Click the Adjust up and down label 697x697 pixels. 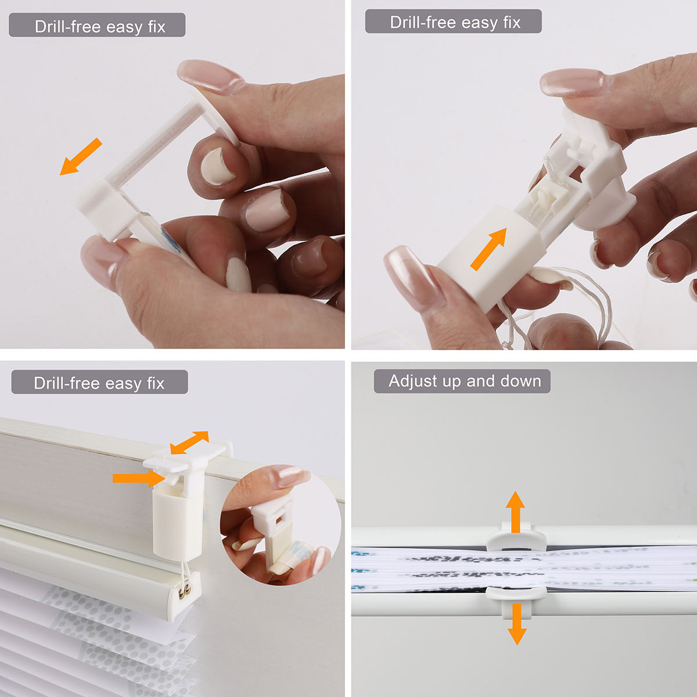[x=462, y=381]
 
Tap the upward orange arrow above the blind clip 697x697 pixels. [x=515, y=511]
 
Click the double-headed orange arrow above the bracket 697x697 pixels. [x=189, y=443]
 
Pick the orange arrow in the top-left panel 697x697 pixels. [x=81, y=156]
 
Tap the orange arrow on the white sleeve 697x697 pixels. [x=488, y=249]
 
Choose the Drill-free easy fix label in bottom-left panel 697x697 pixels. [x=99, y=383]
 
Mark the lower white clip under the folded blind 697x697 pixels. [x=515, y=592]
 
